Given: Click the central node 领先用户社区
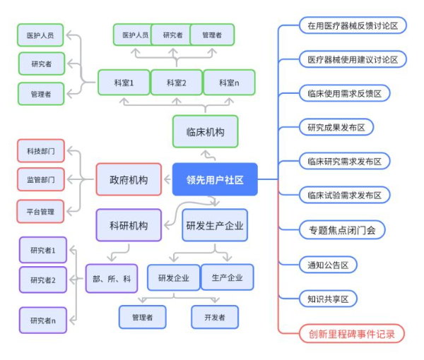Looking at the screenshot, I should point(215,179).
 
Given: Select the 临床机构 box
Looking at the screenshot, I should point(205,132).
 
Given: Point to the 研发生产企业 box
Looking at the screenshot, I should point(215,226).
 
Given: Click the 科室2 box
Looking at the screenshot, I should point(176,83).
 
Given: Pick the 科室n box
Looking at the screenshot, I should point(228,83).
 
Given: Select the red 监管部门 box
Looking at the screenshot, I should point(40,179).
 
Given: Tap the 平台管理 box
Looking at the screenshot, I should point(40,210).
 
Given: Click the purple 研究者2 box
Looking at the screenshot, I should point(43,280).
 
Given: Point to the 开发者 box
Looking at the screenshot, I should point(215,318).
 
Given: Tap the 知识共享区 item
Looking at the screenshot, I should point(328,299).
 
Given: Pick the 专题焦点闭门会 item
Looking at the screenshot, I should point(342,229).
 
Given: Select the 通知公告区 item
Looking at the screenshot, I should point(328,265).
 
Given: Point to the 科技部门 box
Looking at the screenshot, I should point(40,150).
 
